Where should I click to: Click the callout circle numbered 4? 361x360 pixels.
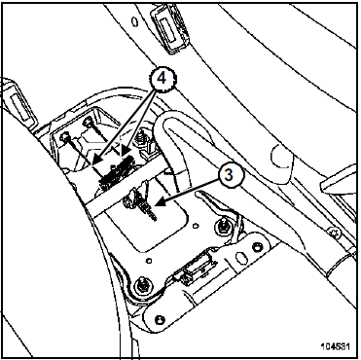(x=162, y=79)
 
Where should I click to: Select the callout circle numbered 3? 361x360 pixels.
(x=229, y=175)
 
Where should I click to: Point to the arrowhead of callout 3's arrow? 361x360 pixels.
(x=160, y=203)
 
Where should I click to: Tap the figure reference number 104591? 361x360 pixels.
(x=336, y=346)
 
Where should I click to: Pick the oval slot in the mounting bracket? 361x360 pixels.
(x=241, y=258)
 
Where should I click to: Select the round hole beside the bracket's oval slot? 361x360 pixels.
(x=258, y=248)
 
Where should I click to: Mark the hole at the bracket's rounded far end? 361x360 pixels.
(x=160, y=319)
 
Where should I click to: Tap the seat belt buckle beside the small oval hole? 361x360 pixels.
(x=168, y=26)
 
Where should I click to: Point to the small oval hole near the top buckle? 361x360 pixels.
(x=134, y=21)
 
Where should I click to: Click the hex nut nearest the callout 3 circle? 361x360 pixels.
(x=223, y=225)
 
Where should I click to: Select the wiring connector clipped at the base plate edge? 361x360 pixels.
(x=192, y=270)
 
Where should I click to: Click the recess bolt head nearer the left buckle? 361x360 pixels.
(x=66, y=137)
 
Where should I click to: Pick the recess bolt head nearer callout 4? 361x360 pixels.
(x=88, y=123)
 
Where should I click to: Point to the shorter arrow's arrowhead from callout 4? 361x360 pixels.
(x=125, y=151)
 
